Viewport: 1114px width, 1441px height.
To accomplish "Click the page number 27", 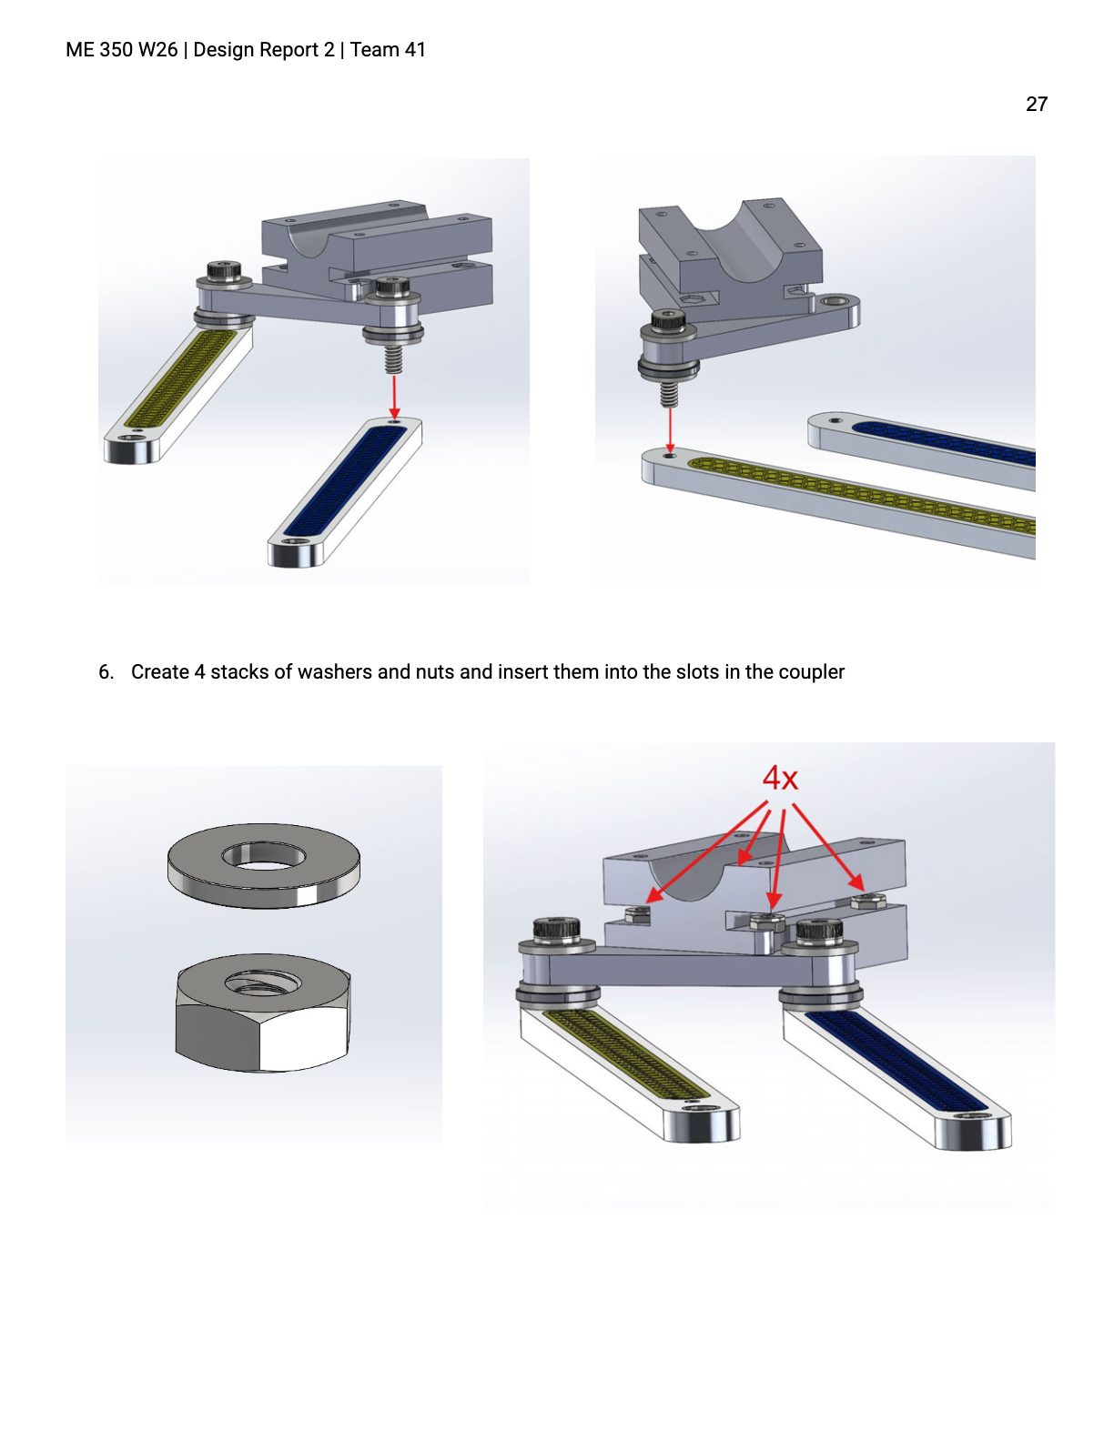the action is click(x=1037, y=104).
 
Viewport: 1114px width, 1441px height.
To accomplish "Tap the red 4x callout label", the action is click(x=780, y=778).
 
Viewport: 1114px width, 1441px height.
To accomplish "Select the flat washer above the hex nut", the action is click(x=264, y=865).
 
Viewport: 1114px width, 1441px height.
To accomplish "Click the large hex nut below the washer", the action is click(x=263, y=1012).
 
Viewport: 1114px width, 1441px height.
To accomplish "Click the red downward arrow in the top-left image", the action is click(x=395, y=397).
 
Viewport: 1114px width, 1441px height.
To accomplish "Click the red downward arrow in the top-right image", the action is click(x=670, y=429).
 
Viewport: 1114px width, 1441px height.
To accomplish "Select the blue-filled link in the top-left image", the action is click(x=345, y=491).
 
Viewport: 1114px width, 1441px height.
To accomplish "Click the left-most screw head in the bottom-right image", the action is click(x=557, y=927).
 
